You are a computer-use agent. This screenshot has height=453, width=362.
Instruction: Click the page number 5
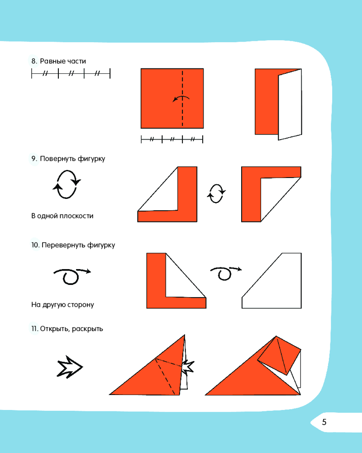pyautogui.click(x=324, y=422)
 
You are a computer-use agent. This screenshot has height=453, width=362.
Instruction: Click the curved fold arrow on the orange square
pyautogui.click(x=181, y=97)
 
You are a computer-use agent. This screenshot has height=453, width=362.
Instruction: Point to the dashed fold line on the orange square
pyautogui.click(x=182, y=98)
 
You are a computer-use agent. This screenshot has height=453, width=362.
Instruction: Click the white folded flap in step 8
pyautogui.click(x=290, y=105)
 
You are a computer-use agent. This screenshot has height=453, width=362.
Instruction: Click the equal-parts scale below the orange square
pyautogui.click(x=172, y=139)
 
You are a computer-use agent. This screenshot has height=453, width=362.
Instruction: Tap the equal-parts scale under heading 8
pyautogui.click(x=71, y=73)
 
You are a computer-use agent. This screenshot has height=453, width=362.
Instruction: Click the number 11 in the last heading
pyautogui.click(x=34, y=329)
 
